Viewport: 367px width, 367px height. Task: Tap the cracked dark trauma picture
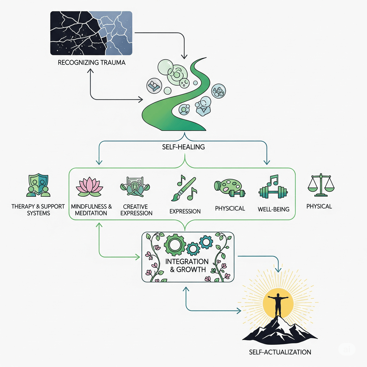point(91,33)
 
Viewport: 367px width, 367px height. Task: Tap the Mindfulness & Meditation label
point(91,210)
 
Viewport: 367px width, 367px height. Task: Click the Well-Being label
point(273,209)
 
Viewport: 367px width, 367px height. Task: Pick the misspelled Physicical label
point(230,208)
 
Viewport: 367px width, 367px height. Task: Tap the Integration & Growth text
point(187,265)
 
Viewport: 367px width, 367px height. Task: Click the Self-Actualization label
point(280,352)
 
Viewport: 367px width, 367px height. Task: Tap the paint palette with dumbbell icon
point(229,189)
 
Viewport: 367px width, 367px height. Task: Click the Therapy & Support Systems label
point(38,210)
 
